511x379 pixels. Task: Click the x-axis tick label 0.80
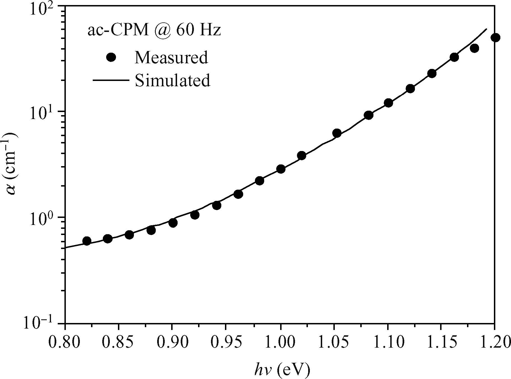[65, 343]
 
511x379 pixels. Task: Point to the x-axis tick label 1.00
[280, 343]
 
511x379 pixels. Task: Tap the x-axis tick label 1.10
[387, 343]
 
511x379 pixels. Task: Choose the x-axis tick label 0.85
[118, 343]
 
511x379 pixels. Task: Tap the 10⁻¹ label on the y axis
[42, 324]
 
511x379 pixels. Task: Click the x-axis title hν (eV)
[282, 369]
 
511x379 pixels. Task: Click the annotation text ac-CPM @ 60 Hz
[154, 31]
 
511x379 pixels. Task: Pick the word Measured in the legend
[171, 57]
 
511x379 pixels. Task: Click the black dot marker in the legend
[111, 57]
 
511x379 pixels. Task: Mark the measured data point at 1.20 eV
[495, 38]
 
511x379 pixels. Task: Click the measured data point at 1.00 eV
[281, 169]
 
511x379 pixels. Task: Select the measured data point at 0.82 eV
[87, 241]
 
